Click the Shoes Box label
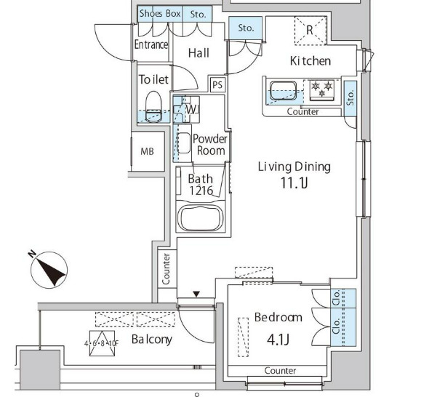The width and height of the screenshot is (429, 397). click(160, 13)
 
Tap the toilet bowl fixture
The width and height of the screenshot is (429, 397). click(153, 107)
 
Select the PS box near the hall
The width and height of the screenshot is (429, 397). click(218, 85)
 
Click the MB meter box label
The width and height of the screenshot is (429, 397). click(147, 151)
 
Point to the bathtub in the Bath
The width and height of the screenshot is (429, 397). click(200, 217)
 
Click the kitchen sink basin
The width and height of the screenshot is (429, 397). click(284, 91)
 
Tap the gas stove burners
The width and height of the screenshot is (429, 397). click(321, 89)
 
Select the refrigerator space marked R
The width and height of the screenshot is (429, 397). click(310, 31)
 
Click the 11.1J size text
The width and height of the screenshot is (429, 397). click(294, 183)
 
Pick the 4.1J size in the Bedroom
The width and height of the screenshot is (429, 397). click(278, 340)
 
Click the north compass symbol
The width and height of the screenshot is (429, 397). click(49, 270)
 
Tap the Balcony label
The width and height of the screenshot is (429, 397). click(152, 340)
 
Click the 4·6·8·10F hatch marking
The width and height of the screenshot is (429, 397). click(102, 343)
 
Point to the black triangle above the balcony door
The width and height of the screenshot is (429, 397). click(196, 294)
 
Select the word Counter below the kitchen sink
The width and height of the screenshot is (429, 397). click(303, 112)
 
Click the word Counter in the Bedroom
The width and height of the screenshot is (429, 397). click(280, 370)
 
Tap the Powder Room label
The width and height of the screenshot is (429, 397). click(210, 145)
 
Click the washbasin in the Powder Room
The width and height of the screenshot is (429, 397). click(183, 143)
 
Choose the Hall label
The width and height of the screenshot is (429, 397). click(199, 53)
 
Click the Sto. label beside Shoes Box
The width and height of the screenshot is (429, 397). click(198, 14)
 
